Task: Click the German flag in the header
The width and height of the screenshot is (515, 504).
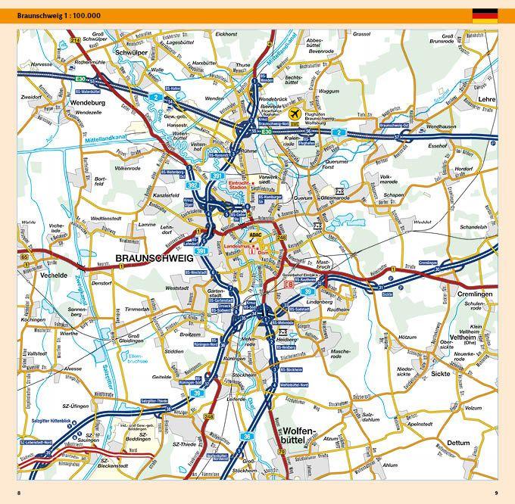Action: [x=485, y=14]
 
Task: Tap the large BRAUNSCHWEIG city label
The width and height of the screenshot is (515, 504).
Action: [x=154, y=259]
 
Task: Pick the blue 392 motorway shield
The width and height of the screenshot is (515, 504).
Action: [x=193, y=185]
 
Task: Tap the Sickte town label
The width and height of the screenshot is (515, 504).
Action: [x=439, y=374]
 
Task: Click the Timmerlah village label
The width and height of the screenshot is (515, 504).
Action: [x=137, y=310]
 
